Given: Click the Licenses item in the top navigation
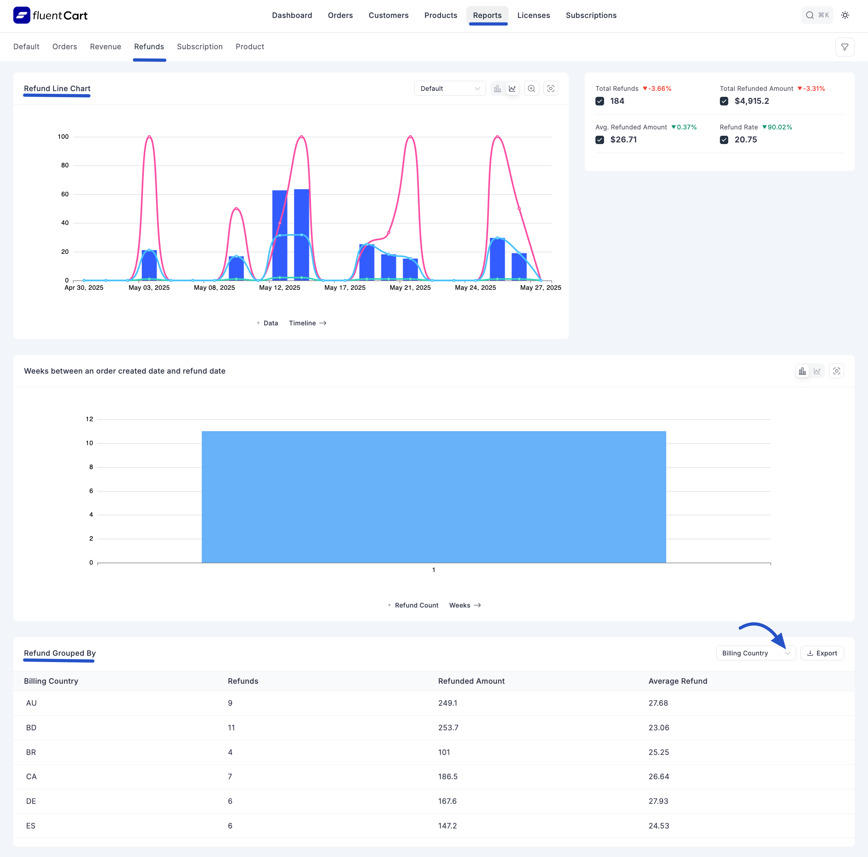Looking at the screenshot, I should tap(533, 15).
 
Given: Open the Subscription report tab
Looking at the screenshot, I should tap(199, 47).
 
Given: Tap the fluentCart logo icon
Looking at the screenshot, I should tap(22, 15).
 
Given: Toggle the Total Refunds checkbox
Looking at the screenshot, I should tap(599, 101).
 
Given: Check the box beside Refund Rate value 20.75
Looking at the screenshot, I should tap(724, 140).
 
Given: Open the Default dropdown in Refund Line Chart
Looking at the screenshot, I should tap(450, 88).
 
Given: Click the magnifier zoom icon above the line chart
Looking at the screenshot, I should tap(531, 88).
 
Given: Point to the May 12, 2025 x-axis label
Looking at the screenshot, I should tap(280, 287).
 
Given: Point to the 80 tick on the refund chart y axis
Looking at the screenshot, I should tap(65, 165).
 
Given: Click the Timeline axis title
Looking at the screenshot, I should tap(302, 323).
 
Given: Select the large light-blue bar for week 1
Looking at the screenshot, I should tap(434, 496).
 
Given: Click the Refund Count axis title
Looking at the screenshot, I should tap(416, 605).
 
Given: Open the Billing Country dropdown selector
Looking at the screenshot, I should tap(755, 653).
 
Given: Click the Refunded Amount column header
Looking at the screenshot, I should tap(471, 681).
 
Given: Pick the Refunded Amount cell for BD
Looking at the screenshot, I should tap(448, 728).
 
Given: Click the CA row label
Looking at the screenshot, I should tap(31, 776).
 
